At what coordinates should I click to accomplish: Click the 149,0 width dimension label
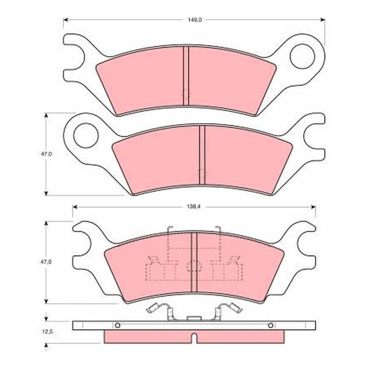[x=195, y=20]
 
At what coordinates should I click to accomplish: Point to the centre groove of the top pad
[x=186, y=75]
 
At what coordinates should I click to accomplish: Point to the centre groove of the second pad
[x=202, y=155]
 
